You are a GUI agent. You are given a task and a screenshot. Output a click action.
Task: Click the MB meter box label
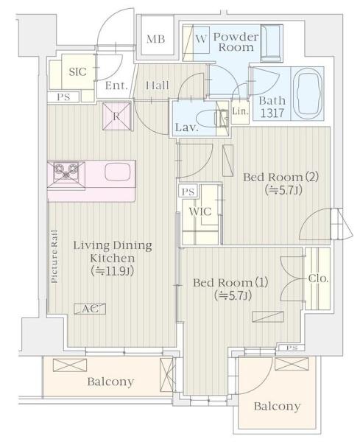pos(155,39)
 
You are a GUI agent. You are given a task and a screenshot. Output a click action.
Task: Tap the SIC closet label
pos(77,71)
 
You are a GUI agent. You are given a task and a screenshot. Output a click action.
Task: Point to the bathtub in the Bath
pos(308,94)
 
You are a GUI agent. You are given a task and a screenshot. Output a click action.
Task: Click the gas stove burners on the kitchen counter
pos(66,172)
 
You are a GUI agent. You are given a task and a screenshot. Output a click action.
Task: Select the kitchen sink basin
pos(118,172)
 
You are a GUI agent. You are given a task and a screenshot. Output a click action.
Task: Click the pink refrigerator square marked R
pos(117,116)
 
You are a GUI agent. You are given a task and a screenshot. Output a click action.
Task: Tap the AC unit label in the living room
pos(90,309)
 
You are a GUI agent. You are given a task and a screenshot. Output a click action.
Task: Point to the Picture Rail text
pos(54,256)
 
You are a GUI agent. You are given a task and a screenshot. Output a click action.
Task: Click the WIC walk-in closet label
pos(200,211)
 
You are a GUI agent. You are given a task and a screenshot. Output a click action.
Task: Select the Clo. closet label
pos(318,278)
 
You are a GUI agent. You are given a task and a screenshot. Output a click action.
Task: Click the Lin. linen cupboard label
pos(240,111)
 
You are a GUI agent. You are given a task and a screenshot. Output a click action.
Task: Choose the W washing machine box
pos(201,40)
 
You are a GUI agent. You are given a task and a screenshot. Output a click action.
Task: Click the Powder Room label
pos(236,42)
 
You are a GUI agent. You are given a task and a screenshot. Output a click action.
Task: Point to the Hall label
pos(158,85)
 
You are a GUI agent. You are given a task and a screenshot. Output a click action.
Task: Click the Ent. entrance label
pos(116,85)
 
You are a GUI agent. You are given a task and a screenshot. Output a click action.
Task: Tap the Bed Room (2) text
pos(280,177)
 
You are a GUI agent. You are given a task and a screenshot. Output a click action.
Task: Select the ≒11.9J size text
pos(112,271)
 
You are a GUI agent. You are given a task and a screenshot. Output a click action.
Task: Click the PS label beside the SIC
pos(63,97)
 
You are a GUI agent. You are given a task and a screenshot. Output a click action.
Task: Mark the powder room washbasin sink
pos(271,43)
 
